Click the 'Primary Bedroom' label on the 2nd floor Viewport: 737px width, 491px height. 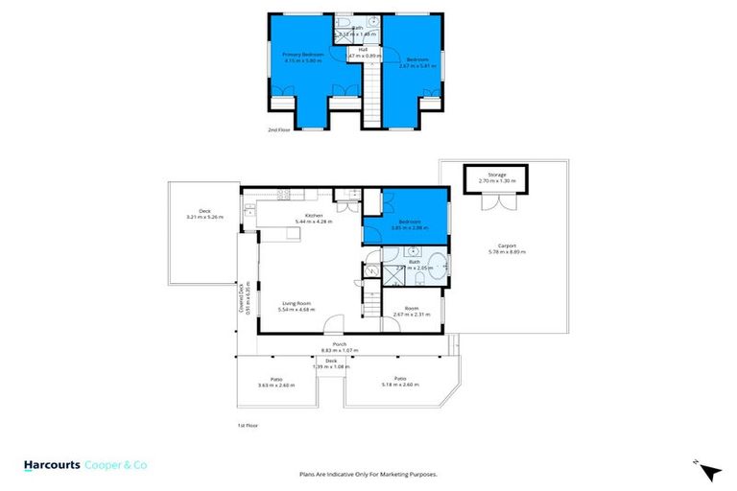pos(303,56)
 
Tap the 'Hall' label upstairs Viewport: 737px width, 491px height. pos(364,49)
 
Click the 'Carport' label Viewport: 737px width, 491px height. pos(507,245)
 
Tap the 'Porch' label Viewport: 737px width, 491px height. pos(339,344)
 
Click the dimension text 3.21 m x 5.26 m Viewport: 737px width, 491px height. pos(204,217)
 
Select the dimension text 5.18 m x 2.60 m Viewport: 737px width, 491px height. pos(399,385)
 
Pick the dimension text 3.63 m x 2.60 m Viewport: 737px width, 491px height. pos(276,385)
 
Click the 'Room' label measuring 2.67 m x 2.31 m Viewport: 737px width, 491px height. pos(412,308)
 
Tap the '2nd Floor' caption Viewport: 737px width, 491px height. pos(278,129)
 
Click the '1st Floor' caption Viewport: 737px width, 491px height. pos(248,425)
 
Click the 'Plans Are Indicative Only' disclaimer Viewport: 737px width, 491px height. pos(368,474)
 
